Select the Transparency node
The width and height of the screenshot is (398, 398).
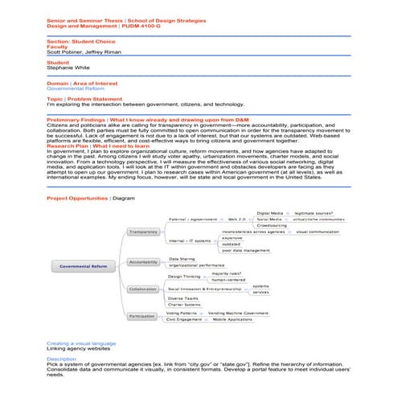click(144, 232)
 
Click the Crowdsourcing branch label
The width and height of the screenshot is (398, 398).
click(271, 225)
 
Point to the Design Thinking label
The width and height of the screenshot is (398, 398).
click(185, 276)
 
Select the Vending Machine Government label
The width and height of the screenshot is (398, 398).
click(238, 313)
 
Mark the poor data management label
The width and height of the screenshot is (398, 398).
click(245, 250)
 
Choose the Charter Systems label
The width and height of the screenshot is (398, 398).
click(184, 304)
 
